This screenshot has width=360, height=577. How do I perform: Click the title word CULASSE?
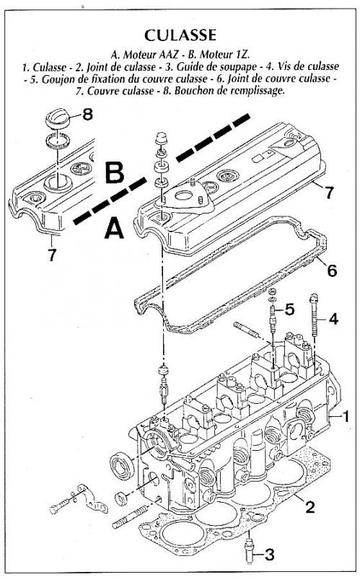(x=180, y=35)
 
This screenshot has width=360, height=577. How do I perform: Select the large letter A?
(x=114, y=227)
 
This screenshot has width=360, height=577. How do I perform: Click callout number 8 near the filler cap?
(x=87, y=115)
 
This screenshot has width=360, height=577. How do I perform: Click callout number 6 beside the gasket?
(x=332, y=271)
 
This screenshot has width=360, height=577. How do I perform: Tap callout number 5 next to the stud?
(x=290, y=309)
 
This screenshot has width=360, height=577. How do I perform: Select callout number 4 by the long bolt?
(x=333, y=319)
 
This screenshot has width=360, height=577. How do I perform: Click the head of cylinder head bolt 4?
(x=314, y=297)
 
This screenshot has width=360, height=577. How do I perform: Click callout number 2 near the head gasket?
(x=310, y=507)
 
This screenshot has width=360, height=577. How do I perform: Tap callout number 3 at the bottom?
(x=269, y=554)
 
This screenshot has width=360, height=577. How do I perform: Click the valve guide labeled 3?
(x=249, y=550)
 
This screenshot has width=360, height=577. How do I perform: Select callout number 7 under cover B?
(x=52, y=255)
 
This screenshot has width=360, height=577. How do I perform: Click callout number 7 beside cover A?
(x=329, y=192)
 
